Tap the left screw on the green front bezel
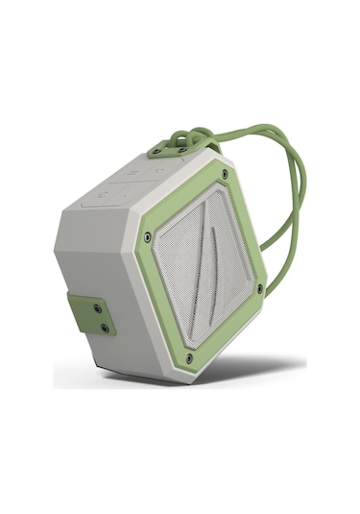(147, 236)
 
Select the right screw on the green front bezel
(259, 286)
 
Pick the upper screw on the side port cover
(98, 308)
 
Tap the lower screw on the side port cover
(105, 328)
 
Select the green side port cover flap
(91, 315)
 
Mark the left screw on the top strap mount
(159, 150)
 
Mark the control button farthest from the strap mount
(96, 200)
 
